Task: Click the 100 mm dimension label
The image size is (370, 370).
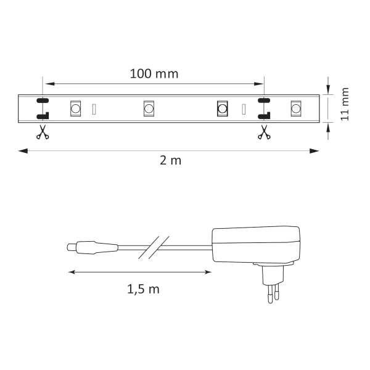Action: coord(154,74)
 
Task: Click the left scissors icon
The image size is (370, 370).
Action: coord(42,132)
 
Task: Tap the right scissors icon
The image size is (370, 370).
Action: coord(263,132)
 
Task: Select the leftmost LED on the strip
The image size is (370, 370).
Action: coord(75,109)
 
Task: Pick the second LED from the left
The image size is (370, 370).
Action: coord(149,109)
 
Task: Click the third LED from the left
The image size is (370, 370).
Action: coord(223,109)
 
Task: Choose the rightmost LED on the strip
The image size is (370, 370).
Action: coord(296,109)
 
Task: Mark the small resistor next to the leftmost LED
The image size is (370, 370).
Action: coord(94,109)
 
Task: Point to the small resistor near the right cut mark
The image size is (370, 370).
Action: coord(244,109)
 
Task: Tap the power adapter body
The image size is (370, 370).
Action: coord(255,245)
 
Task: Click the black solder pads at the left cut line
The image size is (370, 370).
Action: coord(43,108)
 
